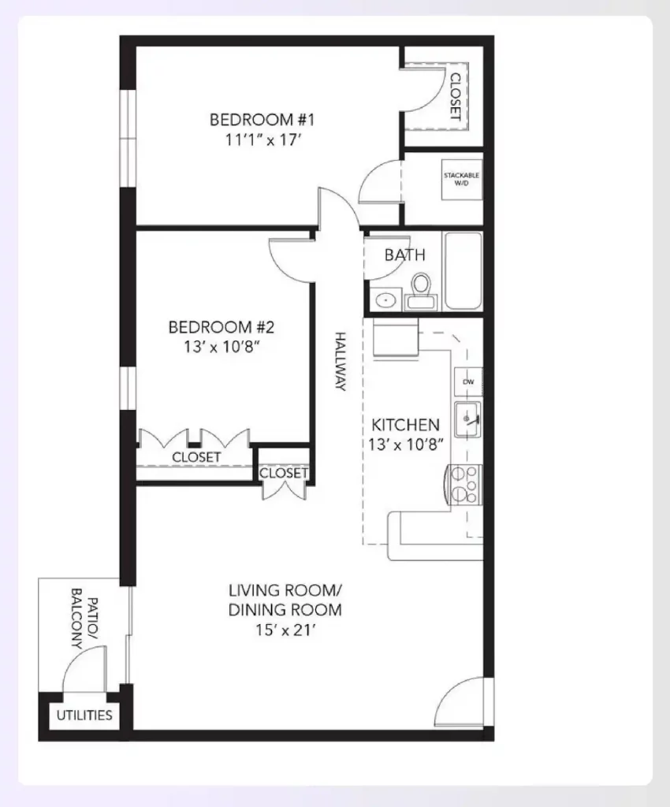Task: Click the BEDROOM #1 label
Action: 262,120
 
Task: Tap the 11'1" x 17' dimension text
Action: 262,140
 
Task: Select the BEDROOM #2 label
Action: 221,326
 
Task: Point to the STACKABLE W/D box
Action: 461,179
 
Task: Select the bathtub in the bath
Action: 463,271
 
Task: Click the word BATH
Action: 404,255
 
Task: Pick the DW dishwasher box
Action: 468,382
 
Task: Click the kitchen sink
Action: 468,415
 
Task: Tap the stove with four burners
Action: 464,485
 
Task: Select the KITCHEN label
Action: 405,424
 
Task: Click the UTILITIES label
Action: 84,716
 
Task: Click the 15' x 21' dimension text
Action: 285,630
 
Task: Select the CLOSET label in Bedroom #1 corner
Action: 455,95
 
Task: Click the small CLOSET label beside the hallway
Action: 283,473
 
